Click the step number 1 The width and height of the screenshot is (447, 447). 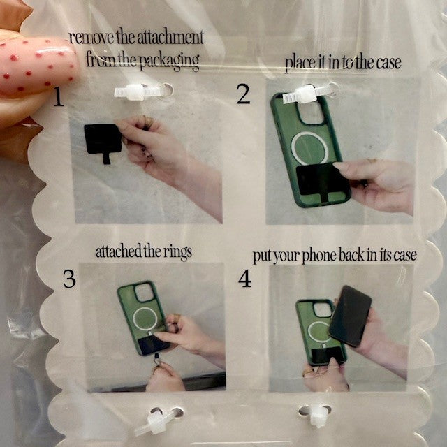(x=59, y=97)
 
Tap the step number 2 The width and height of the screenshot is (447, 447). (x=243, y=94)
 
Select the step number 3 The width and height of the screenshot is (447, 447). (x=70, y=279)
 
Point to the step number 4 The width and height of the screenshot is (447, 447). (x=245, y=279)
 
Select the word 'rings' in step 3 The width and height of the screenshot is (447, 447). (x=177, y=253)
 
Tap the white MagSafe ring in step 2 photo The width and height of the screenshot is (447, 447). (x=309, y=148)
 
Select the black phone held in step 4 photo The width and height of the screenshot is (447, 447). (x=351, y=316)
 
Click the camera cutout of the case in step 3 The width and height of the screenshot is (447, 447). (x=144, y=293)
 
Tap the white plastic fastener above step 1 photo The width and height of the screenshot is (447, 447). (x=143, y=91)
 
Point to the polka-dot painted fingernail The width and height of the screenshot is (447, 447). (x=37, y=66)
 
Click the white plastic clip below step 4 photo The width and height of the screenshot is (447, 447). (x=316, y=414)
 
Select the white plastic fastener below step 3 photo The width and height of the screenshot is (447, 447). (x=159, y=420)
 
